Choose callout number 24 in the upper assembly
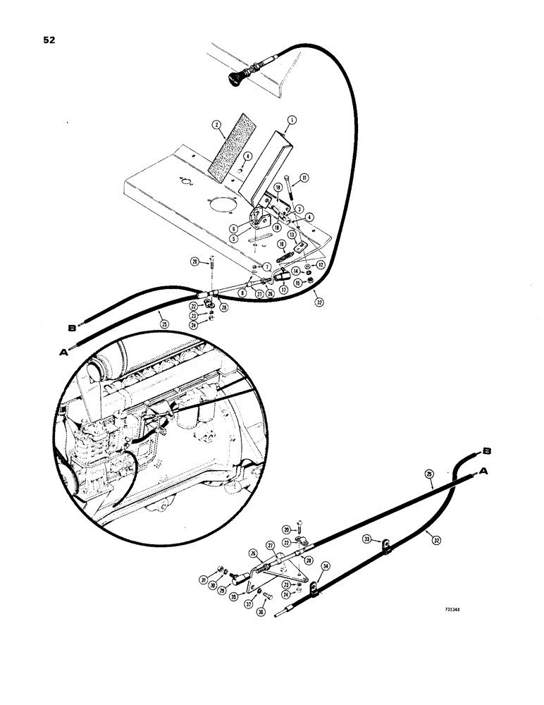pyautogui.click(x=194, y=326)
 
